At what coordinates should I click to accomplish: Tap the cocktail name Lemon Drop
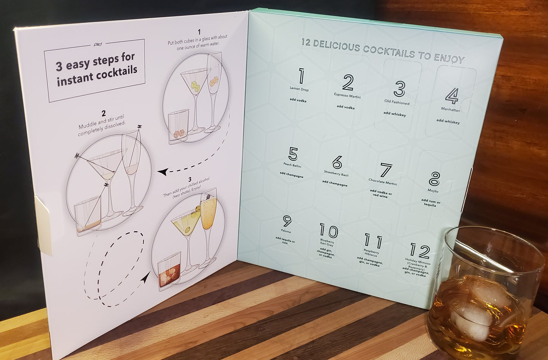pyautogui.click(x=299, y=89)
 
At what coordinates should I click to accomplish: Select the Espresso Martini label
pyautogui.click(x=347, y=95)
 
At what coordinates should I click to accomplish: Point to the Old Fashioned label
pyautogui.click(x=397, y=102)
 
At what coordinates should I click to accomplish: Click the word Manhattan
pyautogui.click(x=451, y=110)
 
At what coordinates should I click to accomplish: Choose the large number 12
pyautogui.click(x=420, y=250)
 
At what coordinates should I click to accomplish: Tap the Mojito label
pyautogui.click(x=433, y=191)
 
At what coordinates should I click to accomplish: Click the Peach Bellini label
pyautogui.click(x=292, y=165)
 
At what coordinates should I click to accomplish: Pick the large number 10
pyautogui.click(x=329, y=230)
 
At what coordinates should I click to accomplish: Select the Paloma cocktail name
pyautogui.click(x=286, y=231)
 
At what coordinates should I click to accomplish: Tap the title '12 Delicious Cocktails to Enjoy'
pyautogui.click(x=383, y=51)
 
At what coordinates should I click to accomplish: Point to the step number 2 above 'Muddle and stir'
pyautogui.click(x=104, y=113)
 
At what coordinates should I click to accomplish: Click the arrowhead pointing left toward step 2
pyautogui.click(x=163, y=172)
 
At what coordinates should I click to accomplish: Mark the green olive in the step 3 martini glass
pyautogui.click(x=188, y=230)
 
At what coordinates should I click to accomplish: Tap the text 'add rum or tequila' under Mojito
pyautogui.click(x=430, y=203)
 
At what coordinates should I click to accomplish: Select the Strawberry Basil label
pyautogui.click(x=336, y=173)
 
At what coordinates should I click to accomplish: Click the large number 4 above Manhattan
pyautogui.click(x=452, y=96)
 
